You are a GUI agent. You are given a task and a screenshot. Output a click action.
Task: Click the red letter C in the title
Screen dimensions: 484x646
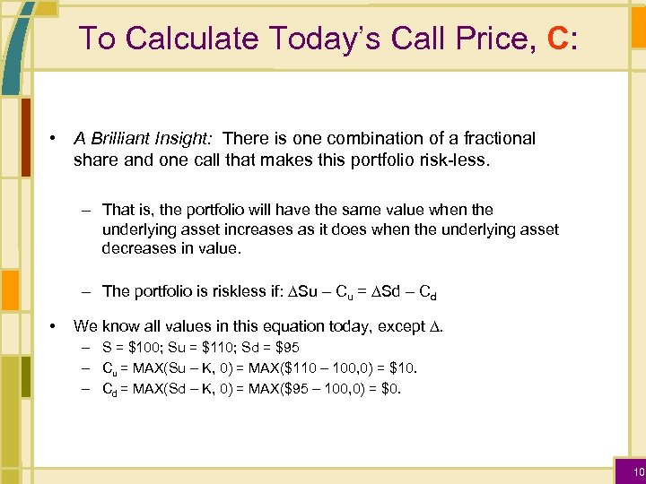coord(556,39)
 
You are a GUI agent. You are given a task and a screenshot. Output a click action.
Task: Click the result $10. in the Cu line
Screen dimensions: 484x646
coord(401,367)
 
